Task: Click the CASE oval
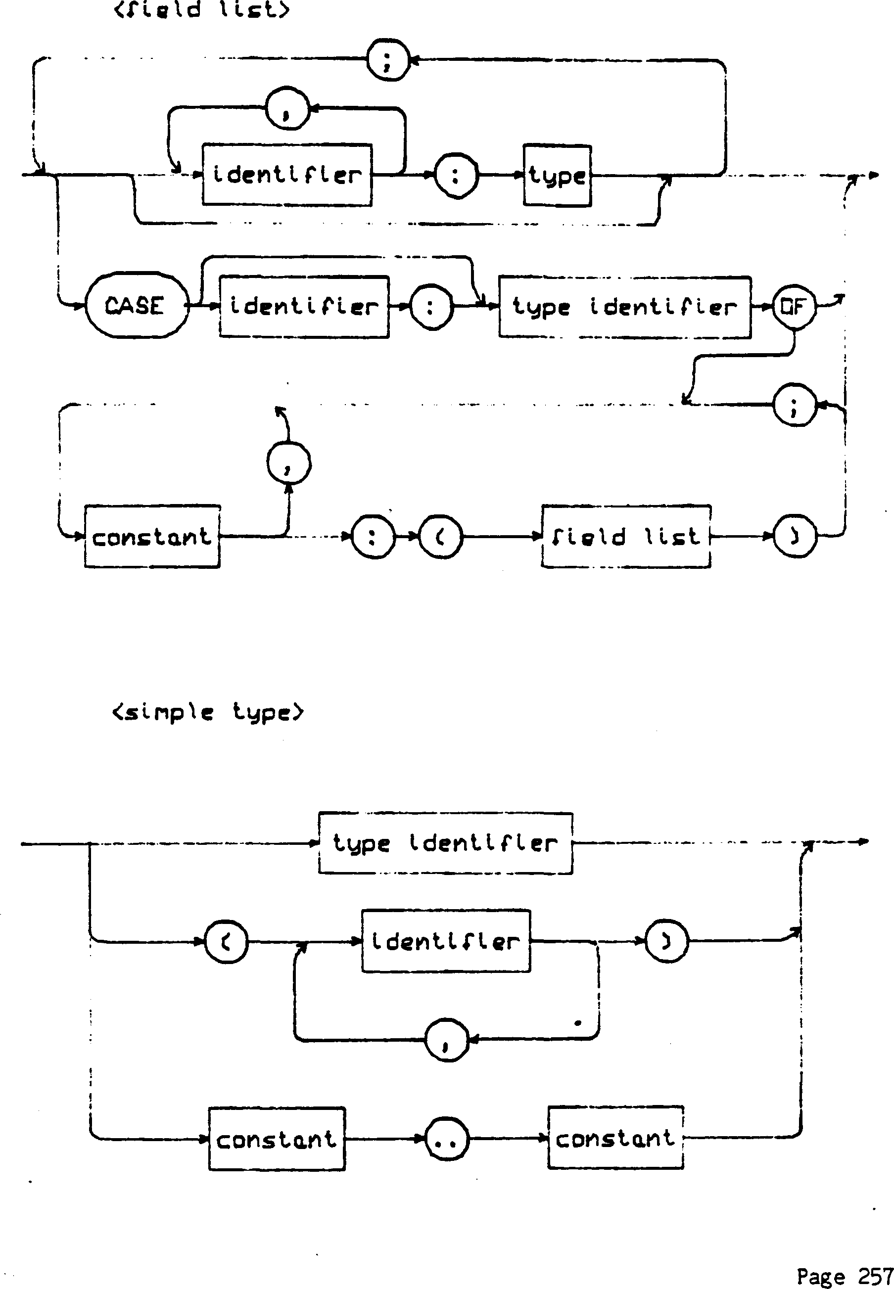(x=137, y=305)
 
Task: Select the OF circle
(x=793, y=306)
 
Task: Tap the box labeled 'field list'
(x=626, y=537)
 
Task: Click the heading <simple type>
(x=207, y=712)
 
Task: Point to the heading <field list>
(x=202, y=9)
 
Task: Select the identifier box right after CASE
(x=304, y=306)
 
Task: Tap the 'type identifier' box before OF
(x=624, y=307)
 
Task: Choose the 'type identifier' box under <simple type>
(x=445, y=843)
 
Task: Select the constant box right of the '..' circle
(x=615, y=1138)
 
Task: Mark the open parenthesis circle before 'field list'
(x=441, y=537)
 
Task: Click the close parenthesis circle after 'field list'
(x=794, y=537)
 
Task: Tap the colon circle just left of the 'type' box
(x=457, y=176)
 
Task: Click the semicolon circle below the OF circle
(x=794, y=405)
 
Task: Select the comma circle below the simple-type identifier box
(x=446, y=1040)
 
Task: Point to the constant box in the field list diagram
(x=152, y=537)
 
